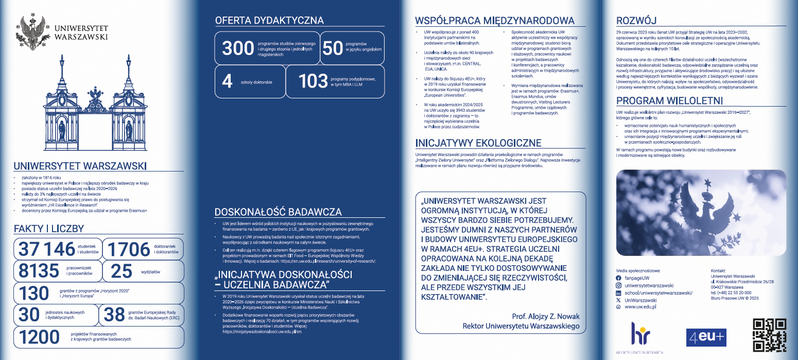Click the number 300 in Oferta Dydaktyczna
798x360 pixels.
point(237,48)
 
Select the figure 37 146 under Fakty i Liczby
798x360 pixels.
point(47,249)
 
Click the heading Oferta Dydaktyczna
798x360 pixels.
point(269,21)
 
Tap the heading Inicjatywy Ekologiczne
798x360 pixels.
point(478,143)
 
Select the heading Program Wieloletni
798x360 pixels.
point(669,100)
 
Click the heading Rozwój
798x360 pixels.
point(636,21)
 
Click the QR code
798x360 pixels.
point(770,335)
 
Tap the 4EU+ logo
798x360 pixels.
point(706,337)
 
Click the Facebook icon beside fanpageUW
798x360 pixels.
point(619,278)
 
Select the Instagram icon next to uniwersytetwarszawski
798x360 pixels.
point(619,285)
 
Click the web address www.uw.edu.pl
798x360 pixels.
point(640,307)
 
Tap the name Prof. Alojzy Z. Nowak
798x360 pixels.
point(546,316)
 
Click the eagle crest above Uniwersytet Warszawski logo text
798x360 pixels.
point(34,30)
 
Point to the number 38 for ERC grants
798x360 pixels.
point(114,315)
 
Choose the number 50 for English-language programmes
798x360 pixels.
point(332,48)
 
